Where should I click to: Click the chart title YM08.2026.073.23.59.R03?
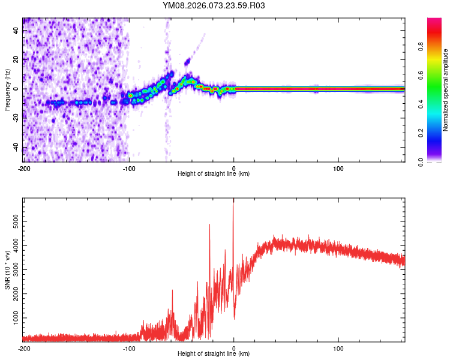214,5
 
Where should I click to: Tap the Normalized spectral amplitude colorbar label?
446,90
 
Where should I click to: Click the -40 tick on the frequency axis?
15,148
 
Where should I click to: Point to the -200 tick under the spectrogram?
23,169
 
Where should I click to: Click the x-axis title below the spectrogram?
214,174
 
